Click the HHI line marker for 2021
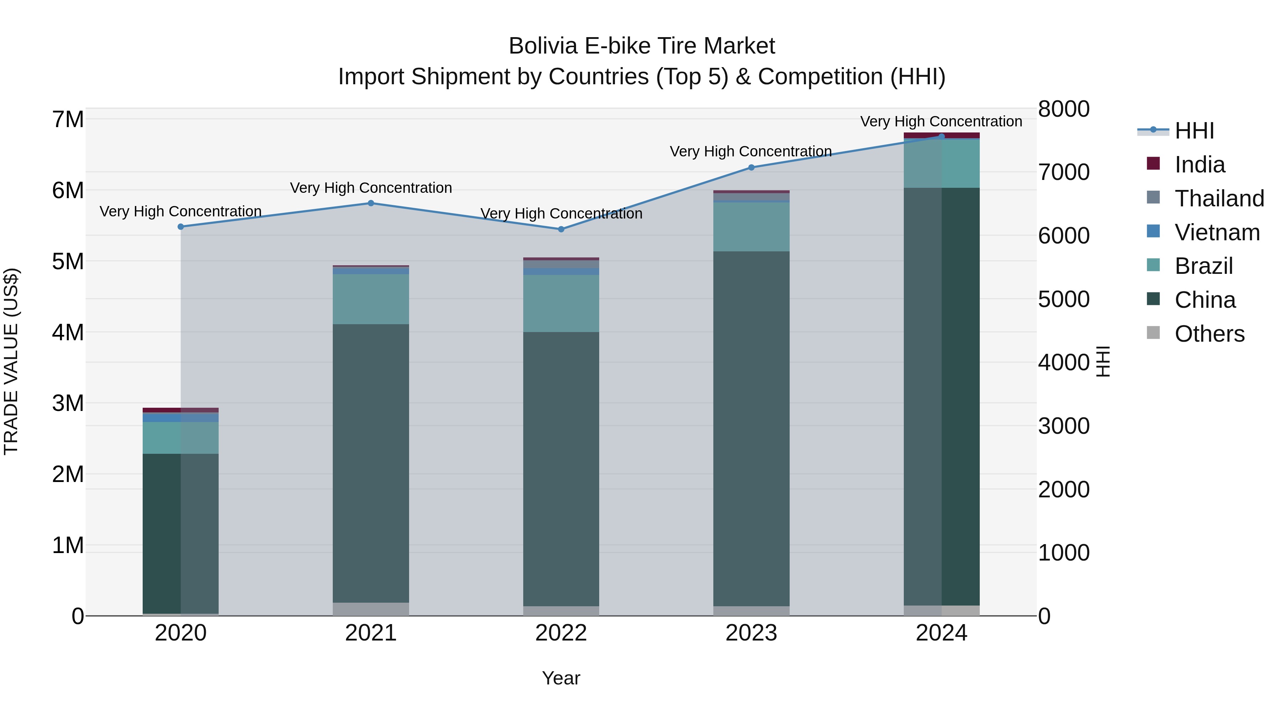click(371, 203)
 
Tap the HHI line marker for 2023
click(751, 168)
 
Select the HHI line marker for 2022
click(561, 230)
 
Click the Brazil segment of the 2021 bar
click(371, 300)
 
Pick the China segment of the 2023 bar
click(751, 429)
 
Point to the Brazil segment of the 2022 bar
click(561, 303)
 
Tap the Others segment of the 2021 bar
click(371, 609)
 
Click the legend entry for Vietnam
click(1217, 232)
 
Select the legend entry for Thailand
click(1219, 199)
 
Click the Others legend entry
click(1209, 334)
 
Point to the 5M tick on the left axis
click(68, 261)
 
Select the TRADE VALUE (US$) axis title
click(11, 362)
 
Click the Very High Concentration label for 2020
click(180, 212)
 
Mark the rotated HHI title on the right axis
click(1103, 362)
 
